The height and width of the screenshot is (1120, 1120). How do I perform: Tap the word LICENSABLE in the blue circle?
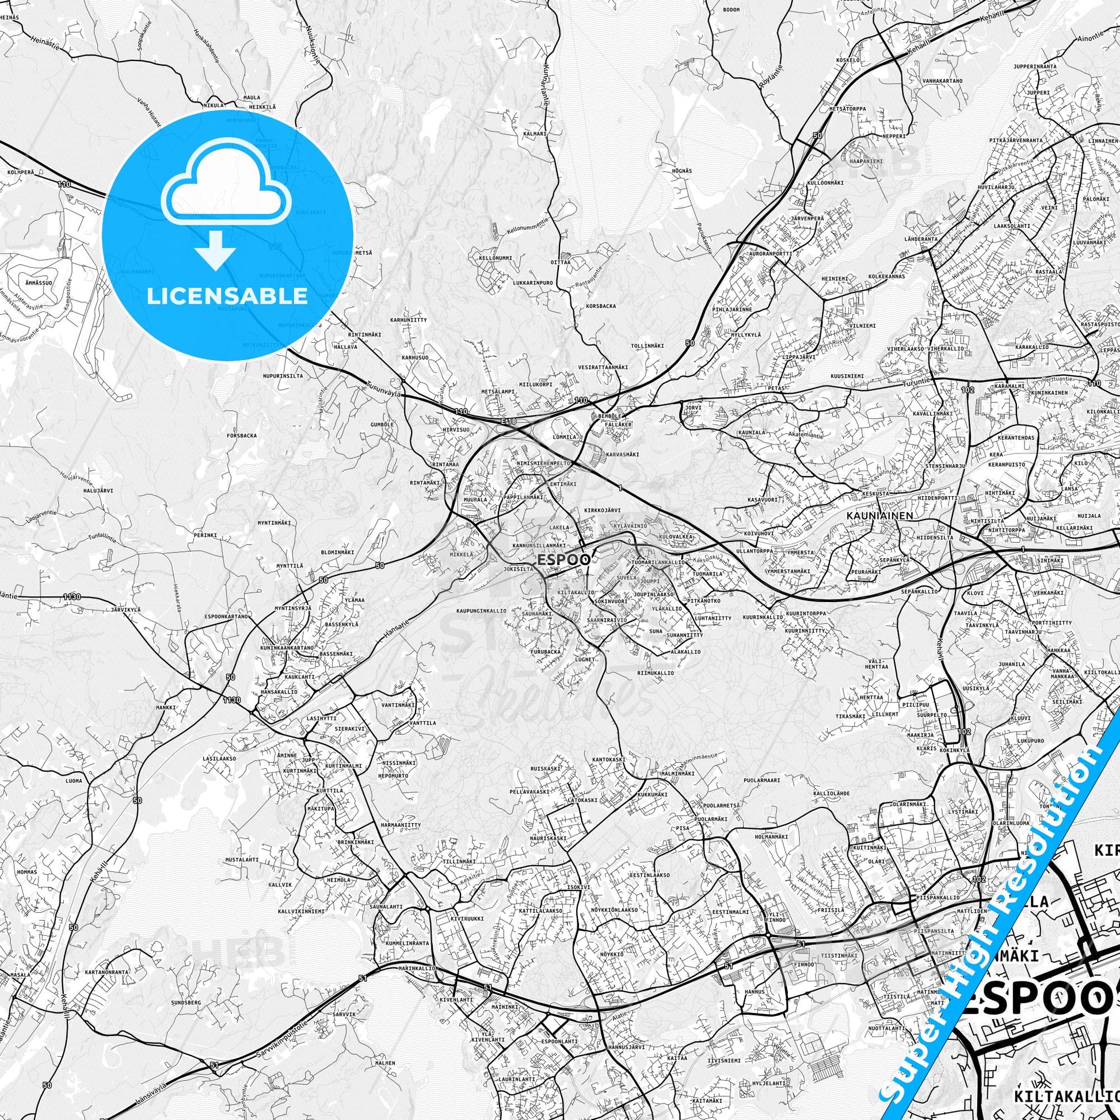[227, 296]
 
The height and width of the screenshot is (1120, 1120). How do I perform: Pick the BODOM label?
[732, 10]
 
